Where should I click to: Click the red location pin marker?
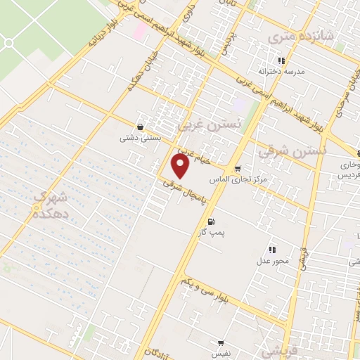pyautogui.click(x=181, y=167)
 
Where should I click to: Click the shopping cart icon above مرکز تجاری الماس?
pyautogui.click(x=238, y=169)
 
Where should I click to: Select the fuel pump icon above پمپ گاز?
pyautogui.click(x=210, y=222)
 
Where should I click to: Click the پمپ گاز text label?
pyautogui.click(x=210, y=232)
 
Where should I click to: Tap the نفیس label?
pyautogui.click(x=222, y=355)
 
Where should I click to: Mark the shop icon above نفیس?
pyautogui.click(x=221, y=344)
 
